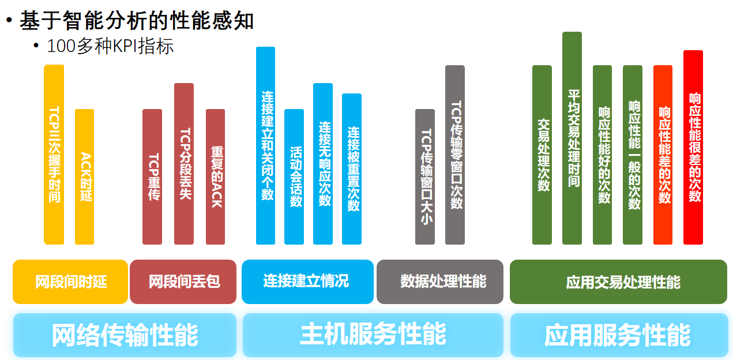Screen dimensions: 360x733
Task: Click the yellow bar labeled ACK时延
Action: [84, 177]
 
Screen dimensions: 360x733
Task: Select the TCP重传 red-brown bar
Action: [152, 177]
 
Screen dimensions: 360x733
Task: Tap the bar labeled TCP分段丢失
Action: [184, 164]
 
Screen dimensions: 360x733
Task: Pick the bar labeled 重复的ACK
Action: [215, 177]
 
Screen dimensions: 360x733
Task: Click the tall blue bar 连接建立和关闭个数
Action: [265, 145]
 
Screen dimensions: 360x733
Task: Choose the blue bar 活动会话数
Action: [294, 177]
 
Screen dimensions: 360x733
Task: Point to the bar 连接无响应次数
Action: [323, 164]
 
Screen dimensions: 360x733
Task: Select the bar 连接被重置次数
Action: [352, 169]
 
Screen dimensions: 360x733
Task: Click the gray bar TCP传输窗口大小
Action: [425, 177]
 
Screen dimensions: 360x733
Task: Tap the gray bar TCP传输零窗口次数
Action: [455, 155]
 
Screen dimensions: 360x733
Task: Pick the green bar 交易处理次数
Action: [542, 155]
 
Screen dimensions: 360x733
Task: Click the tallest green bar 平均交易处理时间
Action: [572, 138]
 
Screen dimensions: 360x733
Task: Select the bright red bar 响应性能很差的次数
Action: [693, 147]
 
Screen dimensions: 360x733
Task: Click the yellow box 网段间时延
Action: [70, 282]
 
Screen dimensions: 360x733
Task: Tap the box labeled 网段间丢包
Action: [183, 282]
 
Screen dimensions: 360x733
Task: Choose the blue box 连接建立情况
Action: [307, 282]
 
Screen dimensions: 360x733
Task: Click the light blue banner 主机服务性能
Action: [373, 335]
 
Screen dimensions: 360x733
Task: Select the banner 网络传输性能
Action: [125, 335]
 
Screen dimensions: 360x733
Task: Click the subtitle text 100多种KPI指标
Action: [110, 46]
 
